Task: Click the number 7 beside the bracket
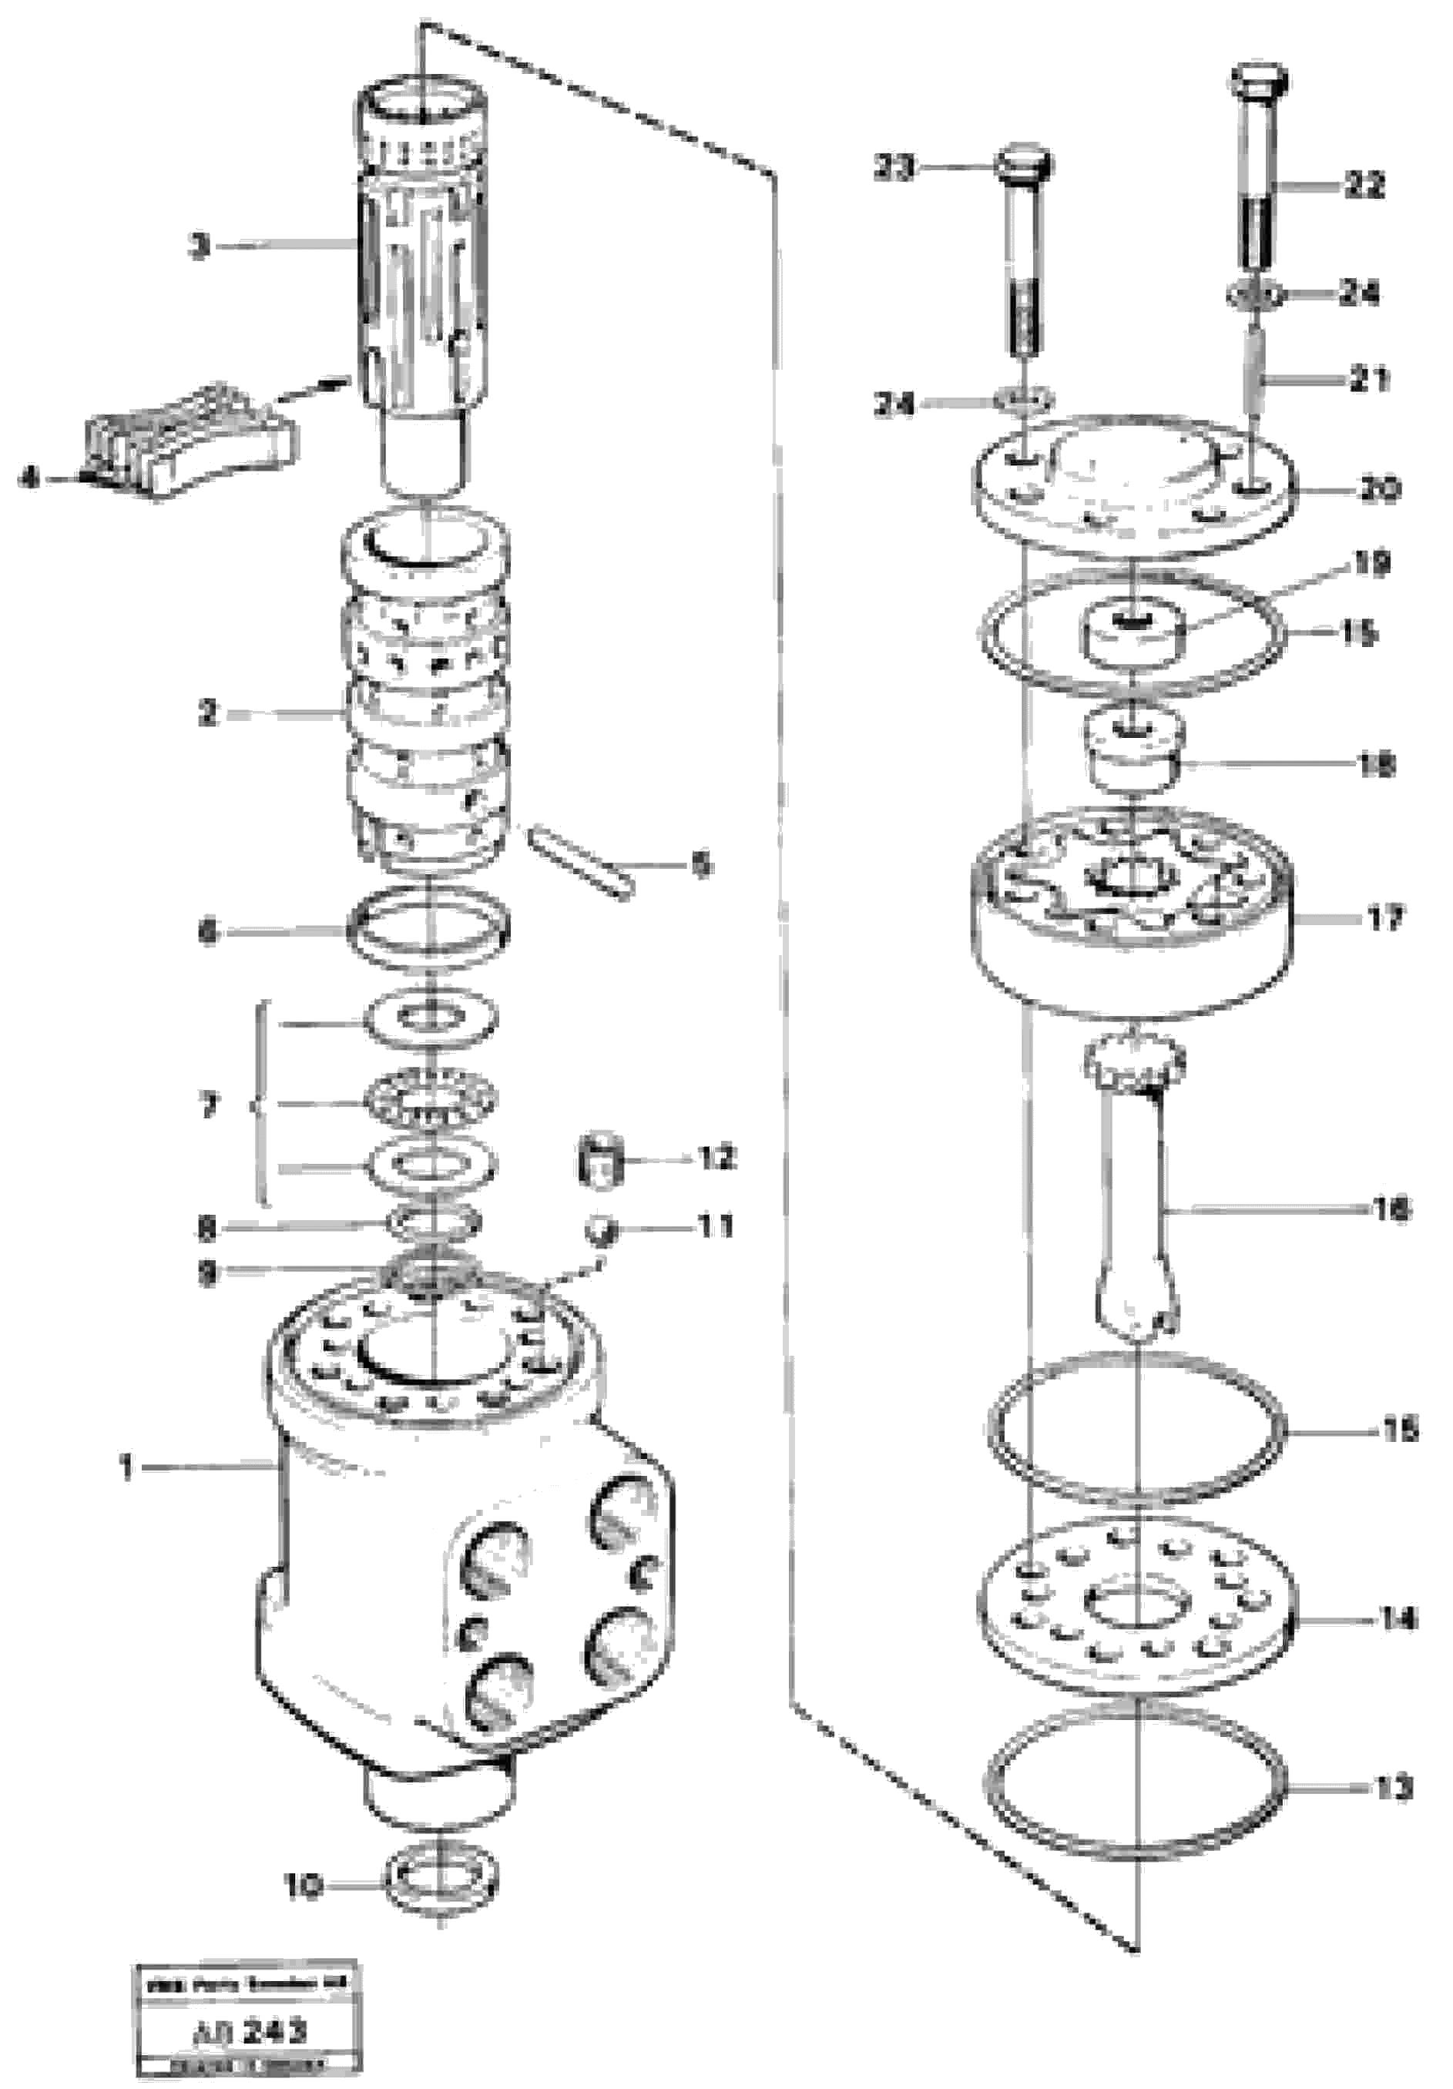(208, 1106)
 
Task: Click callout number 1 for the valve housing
(127, 1467)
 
